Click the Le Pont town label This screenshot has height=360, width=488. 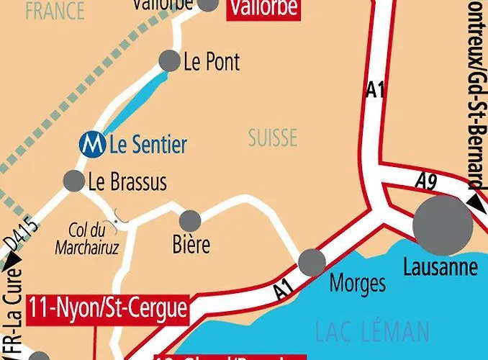tap(212, 62)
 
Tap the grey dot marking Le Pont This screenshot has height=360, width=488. tap(169, 61)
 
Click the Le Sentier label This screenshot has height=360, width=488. tap(148, 145)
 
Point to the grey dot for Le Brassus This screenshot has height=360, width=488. tap(73, 181)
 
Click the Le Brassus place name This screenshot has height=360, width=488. tap(127, 182)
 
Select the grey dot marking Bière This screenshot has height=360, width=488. tap(189, 220)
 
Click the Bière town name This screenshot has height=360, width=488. tap(191, 245)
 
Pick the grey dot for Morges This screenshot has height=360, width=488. tap(312, 262)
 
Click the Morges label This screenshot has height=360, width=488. tap(357, 283)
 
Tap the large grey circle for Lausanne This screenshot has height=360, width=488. tap(443, 224)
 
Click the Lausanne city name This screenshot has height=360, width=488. tap(440, 268)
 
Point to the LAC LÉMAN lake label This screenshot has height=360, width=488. tap(371, 332)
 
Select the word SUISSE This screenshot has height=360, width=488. tap(273, 138)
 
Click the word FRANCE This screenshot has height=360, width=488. tap(54, 11)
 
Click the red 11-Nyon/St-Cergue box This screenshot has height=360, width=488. tap(108, 309)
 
